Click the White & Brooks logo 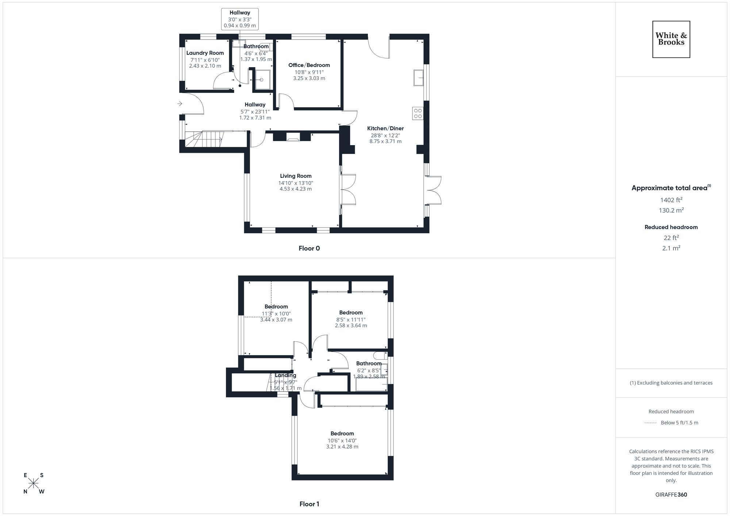[x=671, y=39]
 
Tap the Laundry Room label [x=205, y=53]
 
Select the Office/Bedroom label [x=309, y=65]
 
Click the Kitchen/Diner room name [x=385, y=128]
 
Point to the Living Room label [x=296, y=176]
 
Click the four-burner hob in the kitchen [x=418, y=113]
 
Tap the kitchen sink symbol [x=418, y=78]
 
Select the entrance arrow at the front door [x=180, y=104]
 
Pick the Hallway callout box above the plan [x=240, y=19]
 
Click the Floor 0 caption [x=309, y=248]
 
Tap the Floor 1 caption [x=309, y=504]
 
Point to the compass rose [x=34, y=484]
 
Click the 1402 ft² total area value [x=671, y=200]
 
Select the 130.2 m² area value [x=671, y=210]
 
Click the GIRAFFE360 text [x=671, y=495]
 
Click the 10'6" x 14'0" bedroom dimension [x=342, y=440]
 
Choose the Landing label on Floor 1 [x=285, y=375]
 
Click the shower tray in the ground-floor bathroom [x=262, y=80]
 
